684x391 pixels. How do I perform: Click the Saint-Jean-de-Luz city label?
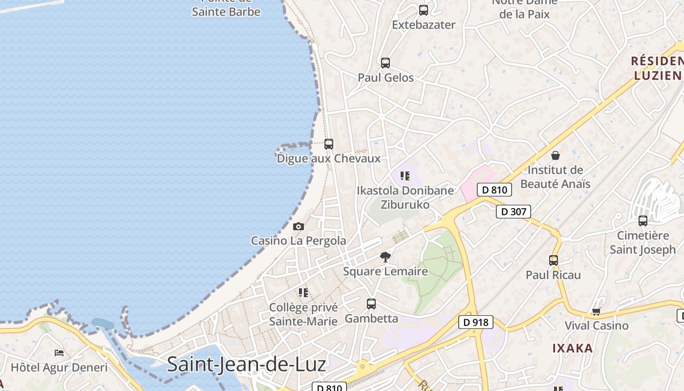[x=246, y=365]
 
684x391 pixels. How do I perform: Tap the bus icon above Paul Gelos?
[x=385, y=63]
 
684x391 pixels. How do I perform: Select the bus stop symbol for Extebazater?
[x=424, y=10]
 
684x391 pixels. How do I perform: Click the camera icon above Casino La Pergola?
[x=299, y=227]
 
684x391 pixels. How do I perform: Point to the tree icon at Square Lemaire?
[x=385, y=257]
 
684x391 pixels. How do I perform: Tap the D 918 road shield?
[x=475, y=322]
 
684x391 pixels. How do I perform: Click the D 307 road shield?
[x=513, y=212]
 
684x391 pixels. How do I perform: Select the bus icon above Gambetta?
[x=371, y=304]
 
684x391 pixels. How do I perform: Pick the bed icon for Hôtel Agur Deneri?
[x=59, y=353]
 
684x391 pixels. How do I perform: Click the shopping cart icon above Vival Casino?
[x=596, y=311]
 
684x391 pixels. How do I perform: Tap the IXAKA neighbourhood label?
[x=573, y=348]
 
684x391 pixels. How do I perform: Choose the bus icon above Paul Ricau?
[x=554, y=261]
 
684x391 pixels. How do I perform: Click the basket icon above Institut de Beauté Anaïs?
[x=556, y=156]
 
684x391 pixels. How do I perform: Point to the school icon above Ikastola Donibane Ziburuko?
[x=405, y=176]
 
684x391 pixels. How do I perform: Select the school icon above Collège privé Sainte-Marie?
[x=303, y=293]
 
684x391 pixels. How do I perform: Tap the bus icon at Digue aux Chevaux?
[x=329, y=144]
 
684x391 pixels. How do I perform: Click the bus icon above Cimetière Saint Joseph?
[x=643, y=221]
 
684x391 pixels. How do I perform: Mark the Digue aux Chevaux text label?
[x=328, y=158]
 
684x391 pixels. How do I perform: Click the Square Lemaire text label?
[x=385, y=271]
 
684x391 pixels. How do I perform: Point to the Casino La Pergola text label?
[x=299, y=240]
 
